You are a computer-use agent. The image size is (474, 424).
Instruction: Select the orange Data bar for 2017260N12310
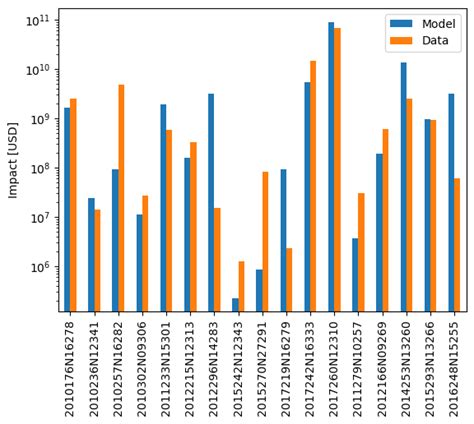pos(337,170)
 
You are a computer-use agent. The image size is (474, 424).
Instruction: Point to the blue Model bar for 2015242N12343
pos(235,305)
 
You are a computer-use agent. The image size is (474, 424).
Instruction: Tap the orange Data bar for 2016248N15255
pos(457,245)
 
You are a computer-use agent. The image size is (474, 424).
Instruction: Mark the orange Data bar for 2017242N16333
pos(313,186)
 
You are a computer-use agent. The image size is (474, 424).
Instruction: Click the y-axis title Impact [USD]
pos(13,160)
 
